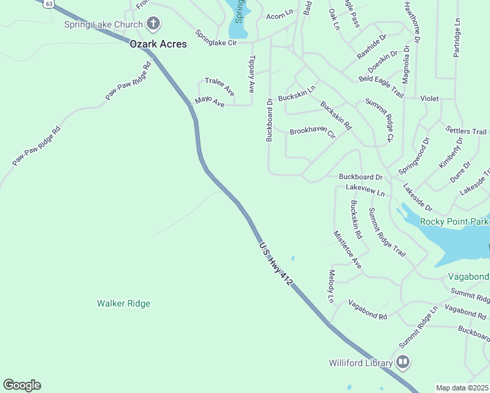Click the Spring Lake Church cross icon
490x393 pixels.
coord(153,25)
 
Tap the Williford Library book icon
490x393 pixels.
coord(403,362)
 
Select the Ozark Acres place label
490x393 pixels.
coord(158,44)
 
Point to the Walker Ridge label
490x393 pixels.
coord(123,303)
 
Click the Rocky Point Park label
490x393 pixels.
coord(454,221)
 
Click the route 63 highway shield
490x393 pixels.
coord(48,3)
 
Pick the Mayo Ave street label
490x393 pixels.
coord(210,102)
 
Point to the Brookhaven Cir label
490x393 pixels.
coord(312,133)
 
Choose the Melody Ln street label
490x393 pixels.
coord(331,286)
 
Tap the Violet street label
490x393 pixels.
coord(429,98)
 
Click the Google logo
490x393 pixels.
coord(22,385)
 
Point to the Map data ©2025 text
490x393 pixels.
coord(462,388)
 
